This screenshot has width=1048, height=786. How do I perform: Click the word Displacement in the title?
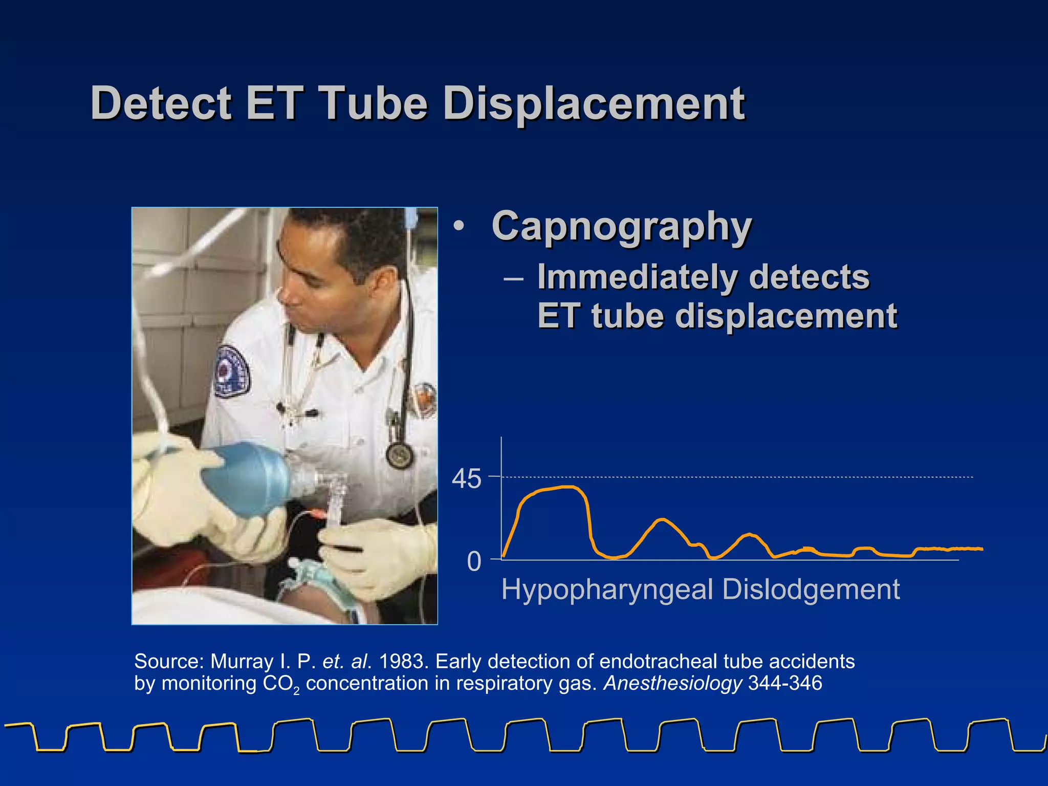coord(594,104)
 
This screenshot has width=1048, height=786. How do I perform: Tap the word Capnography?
coord(621,227)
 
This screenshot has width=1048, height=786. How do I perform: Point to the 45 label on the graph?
coord(466,479)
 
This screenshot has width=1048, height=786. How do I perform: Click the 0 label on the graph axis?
coord(474,562)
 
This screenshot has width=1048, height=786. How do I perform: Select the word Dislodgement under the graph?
coord(811,590)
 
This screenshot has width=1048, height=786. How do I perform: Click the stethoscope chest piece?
coord(400,454)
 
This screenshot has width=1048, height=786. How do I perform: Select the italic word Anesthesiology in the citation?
coord(672,684)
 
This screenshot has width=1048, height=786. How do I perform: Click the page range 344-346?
coord(785,684)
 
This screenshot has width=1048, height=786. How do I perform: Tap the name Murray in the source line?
coord(242,662)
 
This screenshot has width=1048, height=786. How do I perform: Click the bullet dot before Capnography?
coord(459,227)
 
